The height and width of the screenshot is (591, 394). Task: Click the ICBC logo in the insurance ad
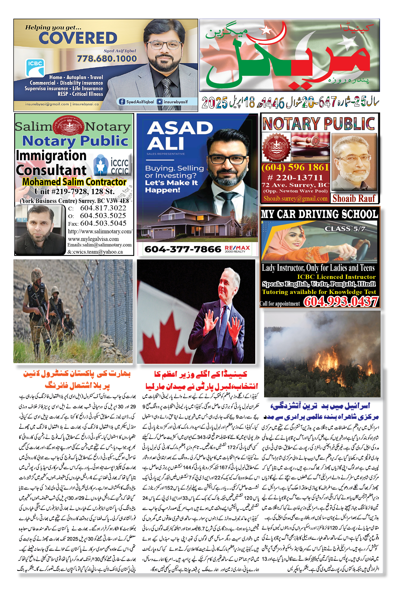35,67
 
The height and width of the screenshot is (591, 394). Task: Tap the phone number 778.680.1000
107,59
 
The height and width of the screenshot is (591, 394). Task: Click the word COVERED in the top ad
78,38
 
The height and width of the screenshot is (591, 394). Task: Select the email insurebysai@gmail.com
47,104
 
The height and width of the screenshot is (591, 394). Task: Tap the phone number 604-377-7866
183,249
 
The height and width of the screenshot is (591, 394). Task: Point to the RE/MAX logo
237,249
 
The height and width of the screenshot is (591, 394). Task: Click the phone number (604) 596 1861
295,167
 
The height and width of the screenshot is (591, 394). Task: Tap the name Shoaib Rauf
354,198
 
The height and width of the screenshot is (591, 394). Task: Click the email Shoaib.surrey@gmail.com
295,198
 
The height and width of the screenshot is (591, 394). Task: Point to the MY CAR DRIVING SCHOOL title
319,214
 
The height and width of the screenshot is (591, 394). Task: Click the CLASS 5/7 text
345,229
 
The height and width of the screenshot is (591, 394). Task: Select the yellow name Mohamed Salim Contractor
74,182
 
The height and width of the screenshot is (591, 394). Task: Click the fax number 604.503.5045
103,223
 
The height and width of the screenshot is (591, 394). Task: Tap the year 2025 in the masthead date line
214,103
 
